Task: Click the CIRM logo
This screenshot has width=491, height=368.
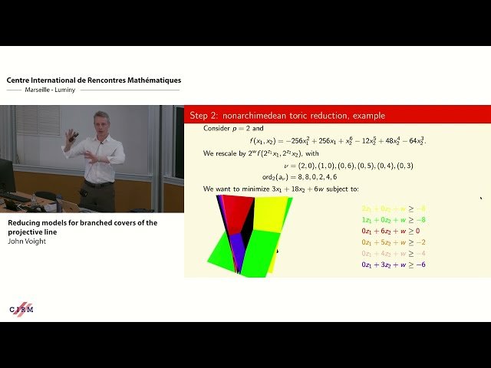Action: tap(21, 308)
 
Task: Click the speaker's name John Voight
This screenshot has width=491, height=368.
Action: tap(28, 241)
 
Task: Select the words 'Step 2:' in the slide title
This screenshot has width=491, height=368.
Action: tap(204, 116)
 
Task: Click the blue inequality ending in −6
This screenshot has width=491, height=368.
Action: tap(393, 264)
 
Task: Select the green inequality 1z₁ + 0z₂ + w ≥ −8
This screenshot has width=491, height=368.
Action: tap(393, 219)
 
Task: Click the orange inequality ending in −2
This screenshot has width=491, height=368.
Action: tap(393, 242)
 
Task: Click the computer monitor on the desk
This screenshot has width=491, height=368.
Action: tap(7, 176)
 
